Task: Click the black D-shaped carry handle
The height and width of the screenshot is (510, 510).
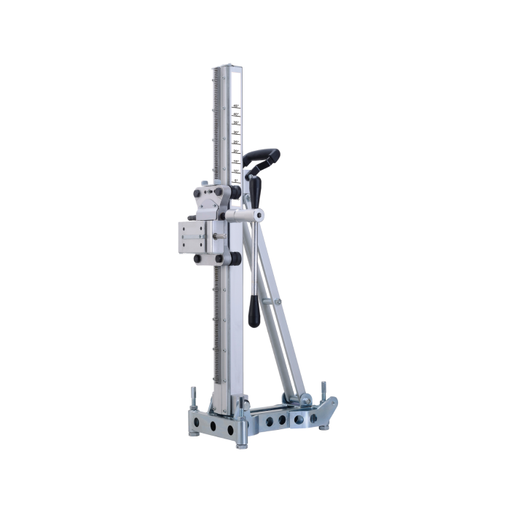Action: tap(264, 158)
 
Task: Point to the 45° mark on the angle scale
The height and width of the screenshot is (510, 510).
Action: tap(236, 107)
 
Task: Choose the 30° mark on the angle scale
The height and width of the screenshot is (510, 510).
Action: tap(236, 134)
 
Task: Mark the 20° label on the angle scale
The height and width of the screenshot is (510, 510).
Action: tap(236, 152)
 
